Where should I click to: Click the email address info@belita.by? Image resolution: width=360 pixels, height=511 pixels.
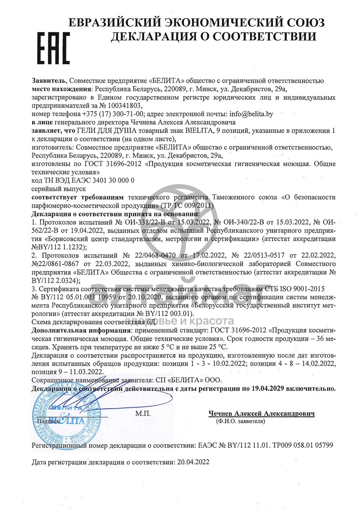tap(248, 114)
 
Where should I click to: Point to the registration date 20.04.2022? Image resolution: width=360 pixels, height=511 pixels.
tap(192, 462)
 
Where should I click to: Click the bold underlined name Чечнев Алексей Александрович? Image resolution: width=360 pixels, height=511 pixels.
tap(261, 414)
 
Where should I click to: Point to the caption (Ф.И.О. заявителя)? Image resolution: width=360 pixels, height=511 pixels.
tap(240, 421)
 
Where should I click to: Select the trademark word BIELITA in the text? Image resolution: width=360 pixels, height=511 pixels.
tap(201, 131)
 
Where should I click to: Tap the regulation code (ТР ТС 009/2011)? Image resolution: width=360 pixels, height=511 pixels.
tap(187, 205)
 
